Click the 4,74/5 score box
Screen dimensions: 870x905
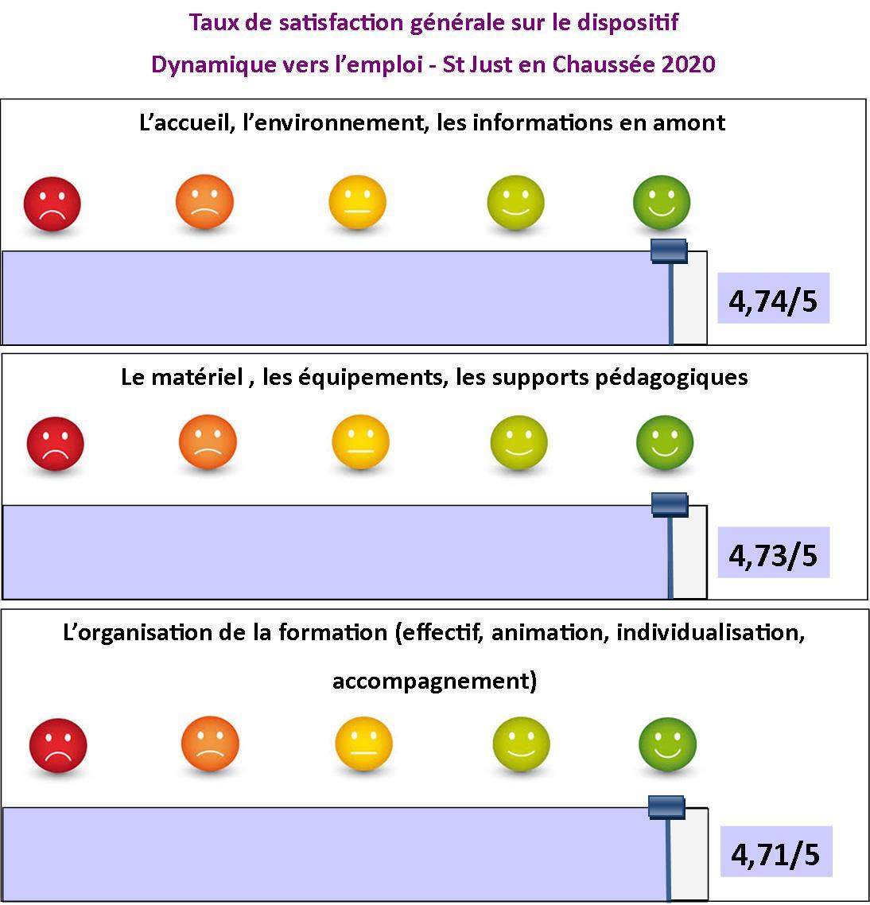point(773,297)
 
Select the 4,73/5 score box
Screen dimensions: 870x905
point(773,553)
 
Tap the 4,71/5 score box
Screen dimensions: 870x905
point(776,852)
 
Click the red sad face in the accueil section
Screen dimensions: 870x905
point(52,204)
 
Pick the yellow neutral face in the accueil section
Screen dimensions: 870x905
point(357,203)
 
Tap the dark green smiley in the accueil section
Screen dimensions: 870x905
point(662,203)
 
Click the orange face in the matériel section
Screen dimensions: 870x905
point(208,442)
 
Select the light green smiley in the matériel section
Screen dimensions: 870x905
point(519,443)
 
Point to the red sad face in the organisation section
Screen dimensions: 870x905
point(58,746)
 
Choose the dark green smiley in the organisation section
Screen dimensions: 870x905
point(668,744)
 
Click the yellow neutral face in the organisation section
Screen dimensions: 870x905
point(363,744)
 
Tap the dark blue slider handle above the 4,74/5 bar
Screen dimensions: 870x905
point(669,251)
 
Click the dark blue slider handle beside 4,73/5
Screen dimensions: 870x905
point(670,504)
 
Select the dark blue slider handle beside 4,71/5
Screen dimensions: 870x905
point(666,807)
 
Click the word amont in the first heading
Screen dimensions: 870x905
point(689,123)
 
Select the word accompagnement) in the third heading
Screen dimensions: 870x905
point(435,682)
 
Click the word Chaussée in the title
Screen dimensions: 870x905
point(604,64)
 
